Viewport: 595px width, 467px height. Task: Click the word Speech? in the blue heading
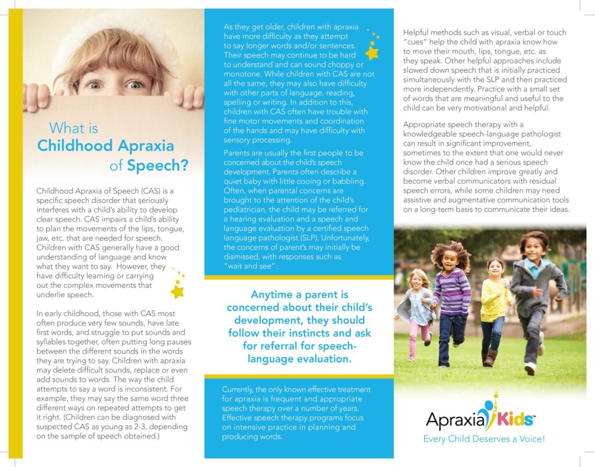(157, 165)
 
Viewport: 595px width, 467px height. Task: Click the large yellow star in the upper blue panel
(372, 53)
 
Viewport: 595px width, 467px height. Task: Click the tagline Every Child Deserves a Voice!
(484, 439)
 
